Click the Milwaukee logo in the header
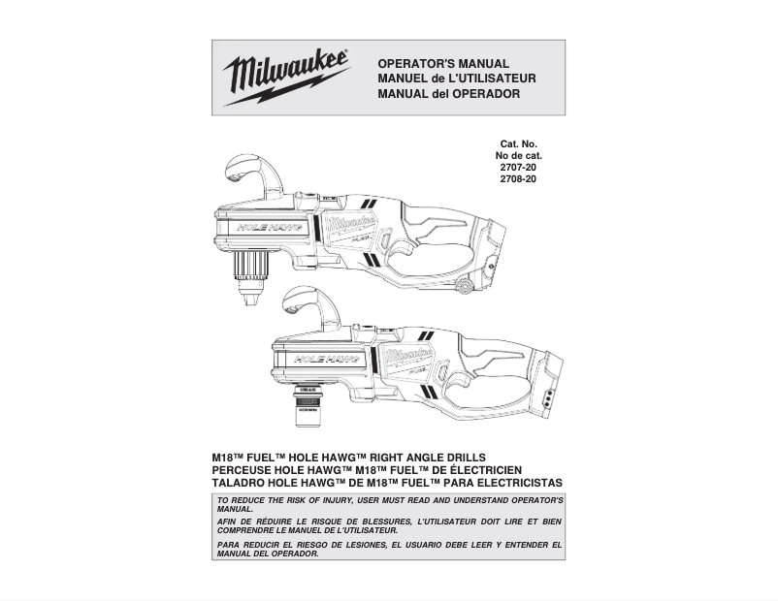click(286, 77)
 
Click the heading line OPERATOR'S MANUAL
click(442, 63)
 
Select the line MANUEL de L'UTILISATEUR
click(456, 79)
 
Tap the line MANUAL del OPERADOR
click(448, 94)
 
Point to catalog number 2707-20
click(518, 168)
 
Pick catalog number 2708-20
click(518, 179)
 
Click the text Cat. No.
click(519, 144)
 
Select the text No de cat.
click(519, 156)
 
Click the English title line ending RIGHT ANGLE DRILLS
click(349, 458)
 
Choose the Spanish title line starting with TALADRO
click(387, 483)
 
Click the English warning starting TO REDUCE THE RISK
click(389, 504)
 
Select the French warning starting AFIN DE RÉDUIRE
click(389, 526)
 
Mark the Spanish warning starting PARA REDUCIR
click(389, 549)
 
